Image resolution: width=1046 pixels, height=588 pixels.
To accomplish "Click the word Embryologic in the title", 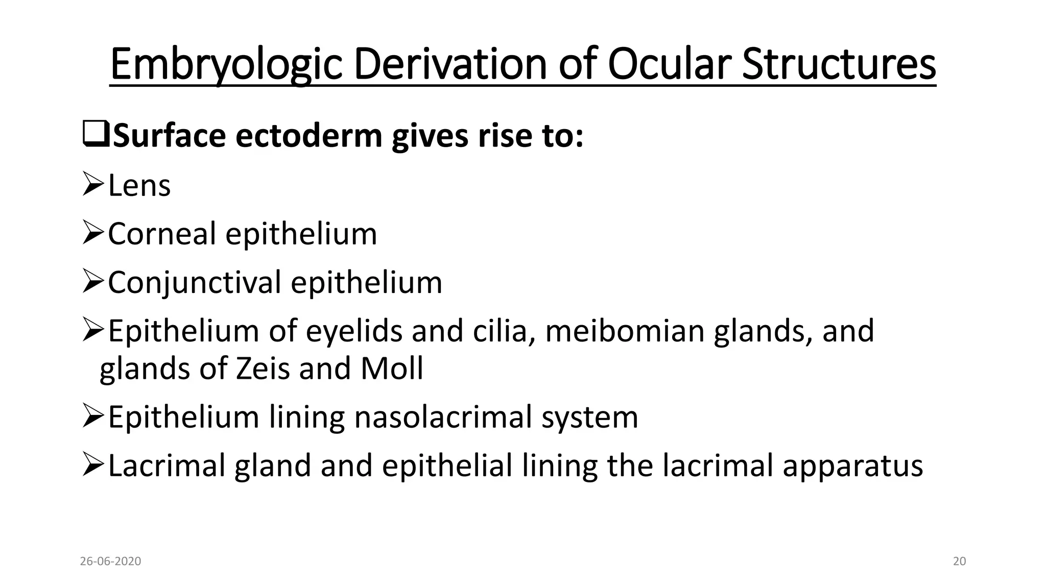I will coord(225,65).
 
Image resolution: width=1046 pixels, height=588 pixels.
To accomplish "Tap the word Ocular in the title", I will coord(669,65).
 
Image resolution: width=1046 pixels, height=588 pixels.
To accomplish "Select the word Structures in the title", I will coord(839,65).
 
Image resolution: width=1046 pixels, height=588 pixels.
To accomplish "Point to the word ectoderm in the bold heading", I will coord(308,136).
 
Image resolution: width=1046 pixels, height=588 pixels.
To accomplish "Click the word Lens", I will coord(139,185).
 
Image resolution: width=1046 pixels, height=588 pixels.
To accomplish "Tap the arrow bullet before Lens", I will coord(93,184).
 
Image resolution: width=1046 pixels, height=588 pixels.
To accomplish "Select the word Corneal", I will coord(162,234).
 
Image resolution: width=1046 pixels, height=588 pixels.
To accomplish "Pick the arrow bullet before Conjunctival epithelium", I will coord(93,282).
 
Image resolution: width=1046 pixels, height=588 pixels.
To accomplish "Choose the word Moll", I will coord(392,369).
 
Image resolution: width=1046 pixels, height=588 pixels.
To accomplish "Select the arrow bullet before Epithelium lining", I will coord(93,416).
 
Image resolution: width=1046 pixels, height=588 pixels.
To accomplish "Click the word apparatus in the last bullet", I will coord(852,466).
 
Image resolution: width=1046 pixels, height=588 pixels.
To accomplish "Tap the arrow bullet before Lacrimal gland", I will coord(93,465).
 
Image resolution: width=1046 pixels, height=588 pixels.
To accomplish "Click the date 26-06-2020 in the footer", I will coord(110,561).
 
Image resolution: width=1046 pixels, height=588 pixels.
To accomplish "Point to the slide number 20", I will coord(960,561).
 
